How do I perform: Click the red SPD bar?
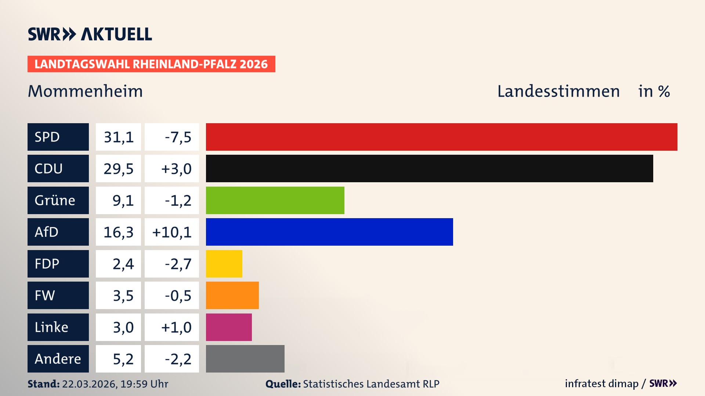441,137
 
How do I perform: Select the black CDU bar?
429,169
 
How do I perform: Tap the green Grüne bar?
275,200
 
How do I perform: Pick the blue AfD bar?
329,232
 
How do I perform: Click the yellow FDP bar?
224,264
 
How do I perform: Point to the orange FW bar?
232,295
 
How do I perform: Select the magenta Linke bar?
229,327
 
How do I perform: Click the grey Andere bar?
245,359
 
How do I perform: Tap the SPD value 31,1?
118,137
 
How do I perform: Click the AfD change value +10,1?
172,232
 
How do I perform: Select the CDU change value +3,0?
176,169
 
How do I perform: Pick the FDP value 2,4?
123,264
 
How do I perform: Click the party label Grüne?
55,200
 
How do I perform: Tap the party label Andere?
58,359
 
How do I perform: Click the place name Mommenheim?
85,91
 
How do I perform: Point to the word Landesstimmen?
558,91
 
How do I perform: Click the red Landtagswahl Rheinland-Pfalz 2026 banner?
151,64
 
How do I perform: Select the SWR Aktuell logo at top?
90,34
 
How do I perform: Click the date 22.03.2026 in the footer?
89,384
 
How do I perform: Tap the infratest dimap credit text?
601,384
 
